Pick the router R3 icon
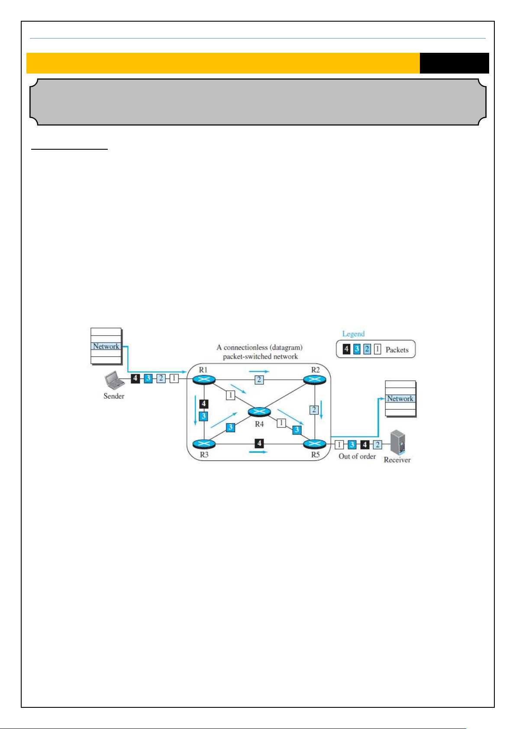[x=204, y=444]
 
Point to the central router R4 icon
[x=259, y=412]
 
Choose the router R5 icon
[x=315, y=444]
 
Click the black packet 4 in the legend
[x=346, y=349]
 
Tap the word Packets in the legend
[x=397, y=350]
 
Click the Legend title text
[x=353, y=334]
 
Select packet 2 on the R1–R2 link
[x=259, y=380]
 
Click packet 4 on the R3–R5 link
[x=259, y=443]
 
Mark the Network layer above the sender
[x=106, y=346]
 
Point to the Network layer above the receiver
[x=400, y=398]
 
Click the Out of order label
[x=357, y=456]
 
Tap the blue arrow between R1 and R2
[x=259, y=371]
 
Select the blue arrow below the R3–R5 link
[x=258, y=452]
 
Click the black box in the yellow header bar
[x=454, y=63]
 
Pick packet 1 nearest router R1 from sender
[x=174, y=379]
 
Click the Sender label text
[x=114, y=396]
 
